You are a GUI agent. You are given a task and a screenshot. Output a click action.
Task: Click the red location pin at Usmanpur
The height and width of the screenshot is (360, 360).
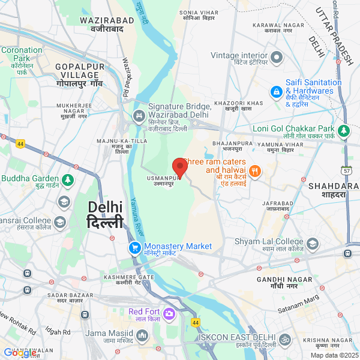click(179, 166)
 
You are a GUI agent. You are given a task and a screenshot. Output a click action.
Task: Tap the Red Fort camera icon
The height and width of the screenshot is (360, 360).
click(169, 313)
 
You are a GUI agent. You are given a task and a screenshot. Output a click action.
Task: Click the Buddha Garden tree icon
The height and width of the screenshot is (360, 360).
click(68, 179)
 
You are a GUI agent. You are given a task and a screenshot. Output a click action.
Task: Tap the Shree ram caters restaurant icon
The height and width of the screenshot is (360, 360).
click(255, 171)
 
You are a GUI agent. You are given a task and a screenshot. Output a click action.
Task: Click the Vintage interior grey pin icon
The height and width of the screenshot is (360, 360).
click(276, 58)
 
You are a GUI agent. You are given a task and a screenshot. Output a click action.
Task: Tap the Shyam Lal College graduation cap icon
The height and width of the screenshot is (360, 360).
click(313, 244)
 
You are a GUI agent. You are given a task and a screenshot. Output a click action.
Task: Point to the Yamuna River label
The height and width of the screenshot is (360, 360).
click(138, 215)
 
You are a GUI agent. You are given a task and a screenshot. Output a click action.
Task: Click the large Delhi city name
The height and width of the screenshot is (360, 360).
click(105, 214)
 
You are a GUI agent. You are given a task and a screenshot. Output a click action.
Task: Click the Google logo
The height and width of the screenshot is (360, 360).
click(19, 353)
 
